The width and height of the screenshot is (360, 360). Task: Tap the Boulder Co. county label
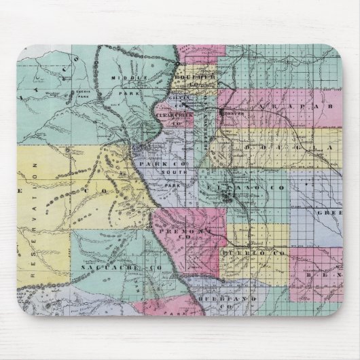click(x=194, y=77)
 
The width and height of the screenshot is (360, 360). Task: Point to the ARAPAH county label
click(x=299, y=107)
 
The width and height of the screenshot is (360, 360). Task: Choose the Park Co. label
click(x=157, y=164)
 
